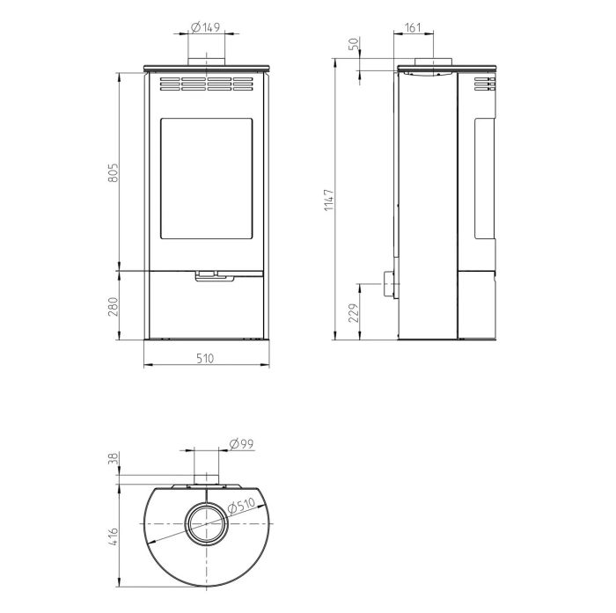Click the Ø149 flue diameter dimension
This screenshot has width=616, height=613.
pyautogui.click(x=205, y=27)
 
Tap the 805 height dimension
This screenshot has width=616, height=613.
pyautogui.click(x=114, y=172)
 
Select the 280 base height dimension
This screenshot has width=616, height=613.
pyautogui.click(x=114, y=306)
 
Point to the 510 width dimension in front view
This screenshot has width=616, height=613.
pyautogui.click(x=205, y=359)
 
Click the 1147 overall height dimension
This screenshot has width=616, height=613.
pyautogui.click(x=329, y=200)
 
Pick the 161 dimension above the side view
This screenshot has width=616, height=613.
pyautogui.click(x=413, y=27)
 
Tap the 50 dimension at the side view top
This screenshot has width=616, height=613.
pyautogui.click(x=354, y=44)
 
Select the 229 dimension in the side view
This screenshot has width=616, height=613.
pyautogui.click(x=354, y=312)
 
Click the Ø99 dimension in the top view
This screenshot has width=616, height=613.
pyautogui.click(x=241, y=444)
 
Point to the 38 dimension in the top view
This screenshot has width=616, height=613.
pyautogui.click(x=114, y=458)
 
